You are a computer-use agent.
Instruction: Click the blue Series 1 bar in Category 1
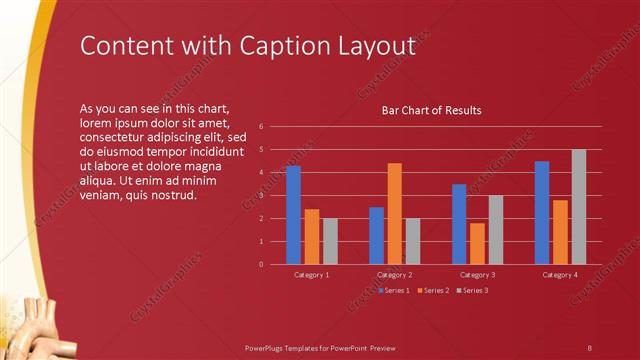[x=293, y=215]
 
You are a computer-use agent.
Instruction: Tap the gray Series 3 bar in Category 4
[x=578, y=207]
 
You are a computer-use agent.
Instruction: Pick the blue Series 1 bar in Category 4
[x=541, y=212]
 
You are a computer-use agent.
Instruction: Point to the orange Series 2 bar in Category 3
[x=477, y=243]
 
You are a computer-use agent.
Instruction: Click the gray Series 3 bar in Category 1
[x=330, y=241]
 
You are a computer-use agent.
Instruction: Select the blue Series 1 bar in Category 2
[x=376, y=235]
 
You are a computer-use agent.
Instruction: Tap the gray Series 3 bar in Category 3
[x=495, y=229]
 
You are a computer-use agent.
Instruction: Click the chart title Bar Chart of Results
[x=432, y=110]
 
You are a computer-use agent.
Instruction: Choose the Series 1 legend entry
[x=396, y=290]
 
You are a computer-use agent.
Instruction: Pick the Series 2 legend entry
[x=434, y=290]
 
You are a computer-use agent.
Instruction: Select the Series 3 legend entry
[x=472, y=290]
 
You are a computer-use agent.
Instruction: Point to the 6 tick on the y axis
[x=261, y=126]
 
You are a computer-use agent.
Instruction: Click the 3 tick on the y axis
[x=261, y=195]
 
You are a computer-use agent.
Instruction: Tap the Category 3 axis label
[x=477, y=274]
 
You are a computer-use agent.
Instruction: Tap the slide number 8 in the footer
[x=589, y=346]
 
